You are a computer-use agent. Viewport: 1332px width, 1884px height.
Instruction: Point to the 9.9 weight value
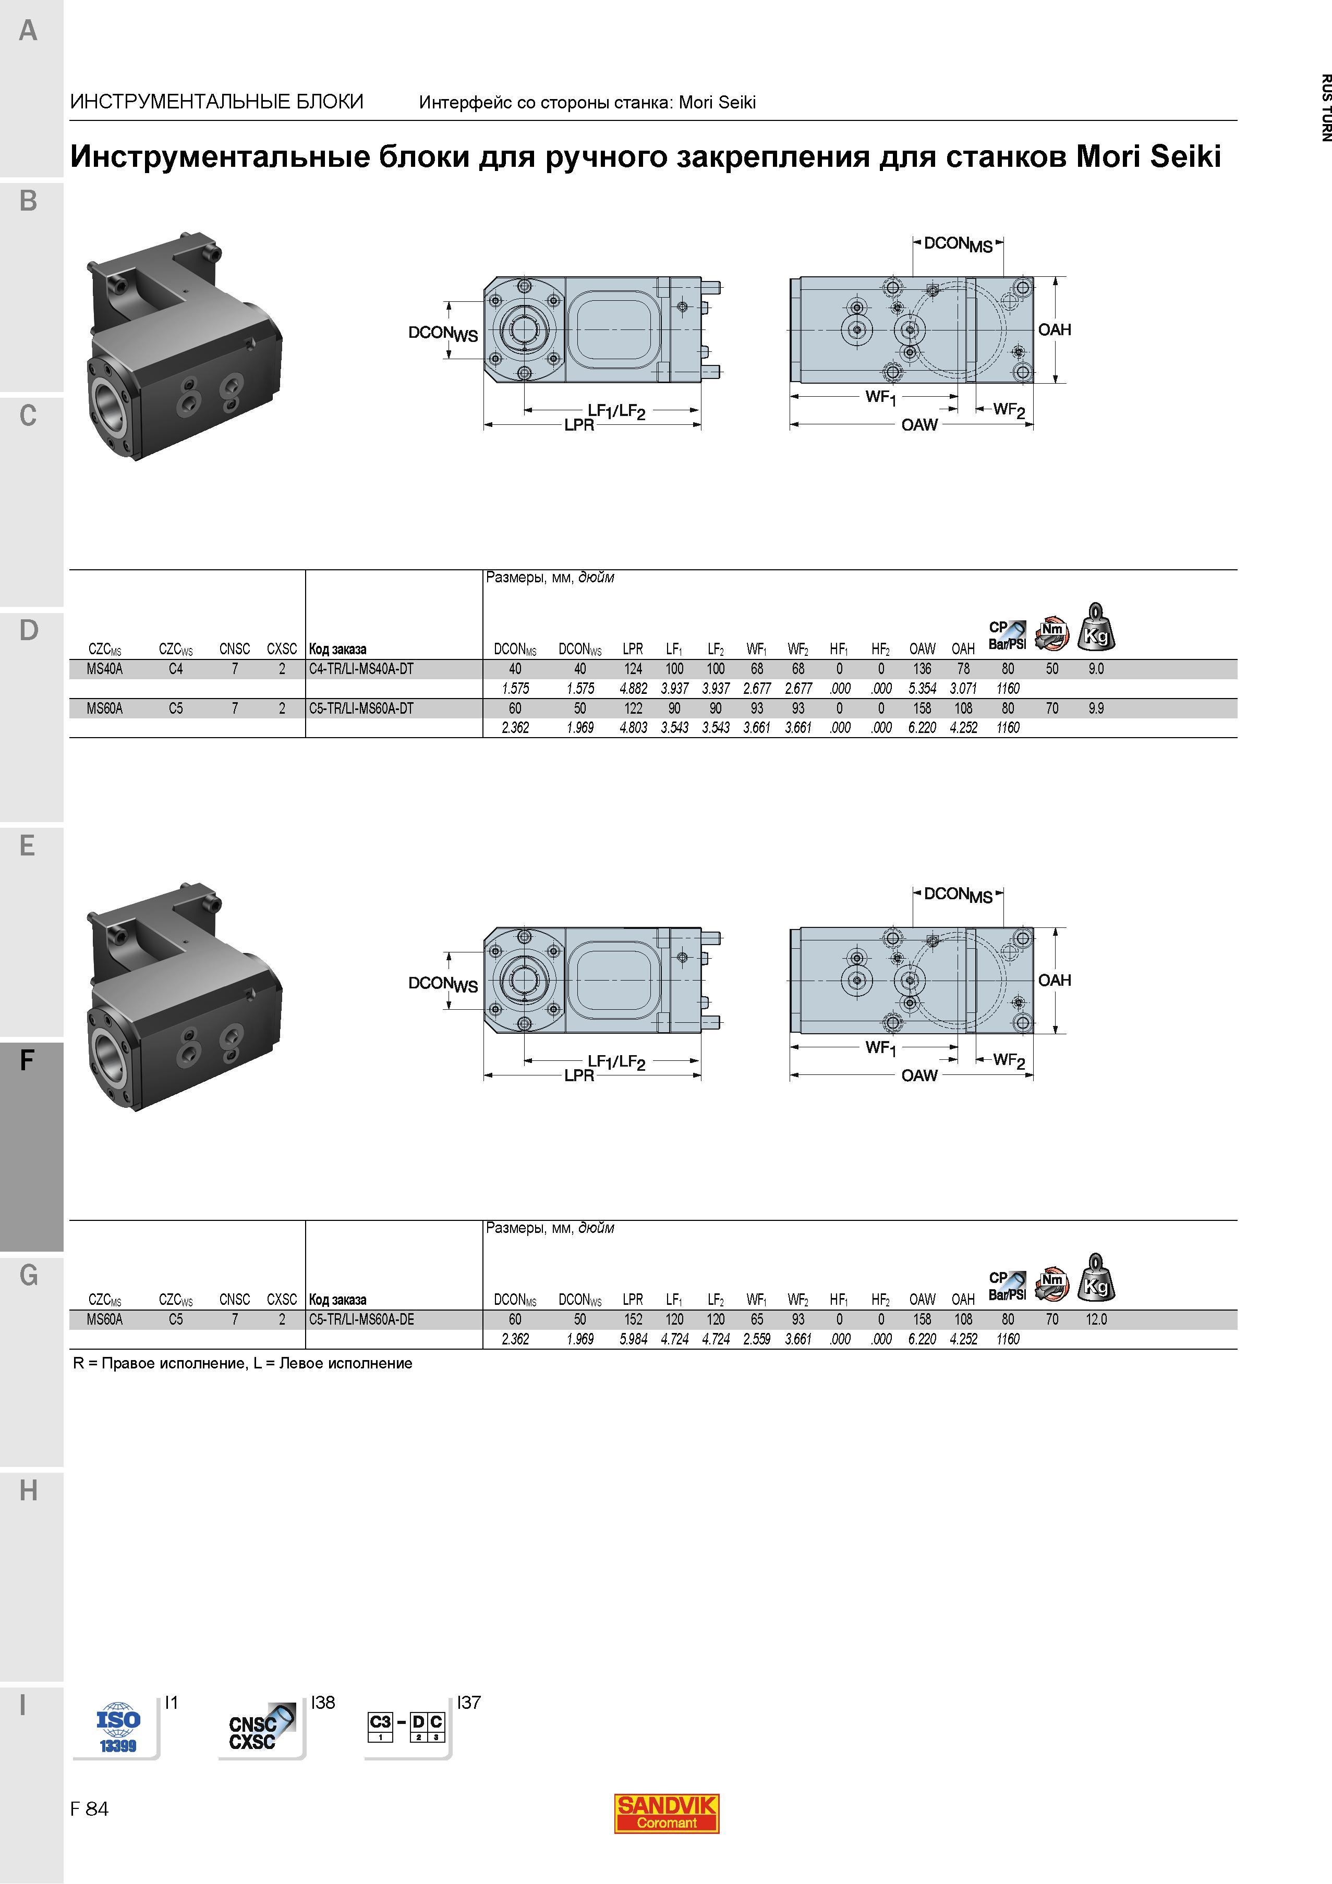coord(1096,708)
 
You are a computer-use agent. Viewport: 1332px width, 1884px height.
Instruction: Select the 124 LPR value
coord(633,669)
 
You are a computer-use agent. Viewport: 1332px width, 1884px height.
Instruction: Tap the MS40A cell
coord(105,669)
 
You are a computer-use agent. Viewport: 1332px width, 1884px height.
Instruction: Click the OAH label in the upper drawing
coord(1055,330)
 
